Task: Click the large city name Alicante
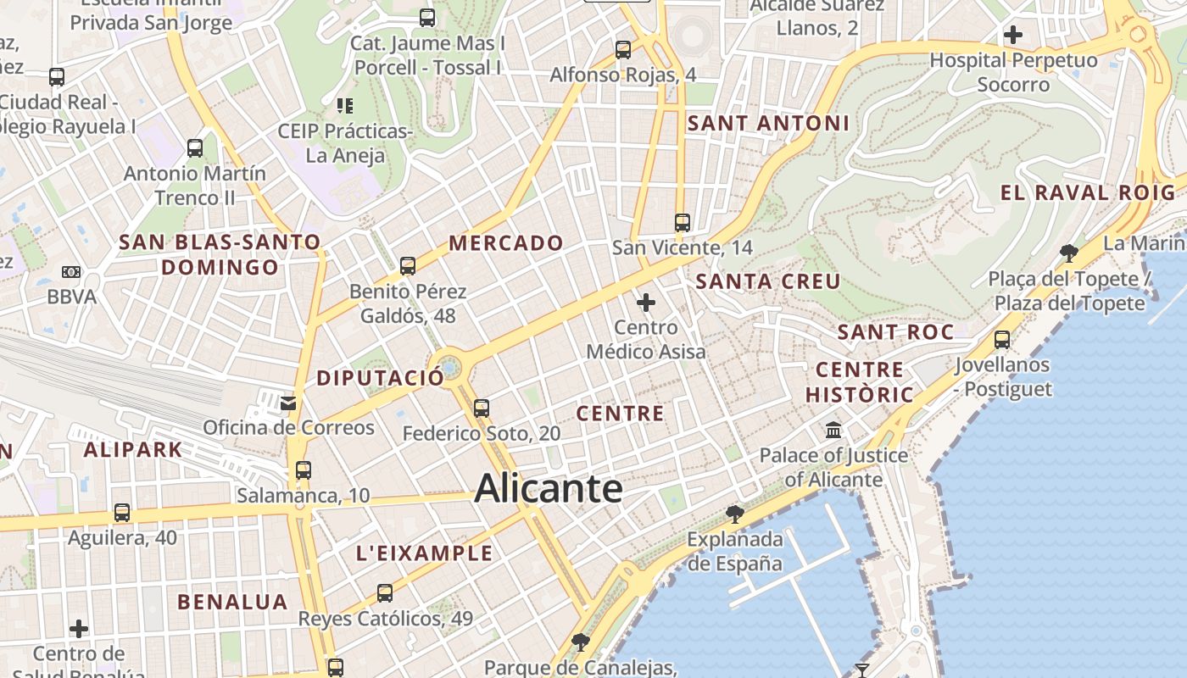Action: point(549,489)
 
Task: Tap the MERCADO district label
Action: point(506,243)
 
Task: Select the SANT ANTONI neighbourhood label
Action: point(768,123)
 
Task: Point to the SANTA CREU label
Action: point(768,281)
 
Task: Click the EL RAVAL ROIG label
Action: point(1089,192)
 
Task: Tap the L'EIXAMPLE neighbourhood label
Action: point(424,553)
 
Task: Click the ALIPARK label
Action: point(132,449)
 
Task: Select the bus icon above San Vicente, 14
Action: point(683,223)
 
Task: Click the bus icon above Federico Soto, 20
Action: point(482,408)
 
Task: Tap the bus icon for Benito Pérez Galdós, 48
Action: point(408,266)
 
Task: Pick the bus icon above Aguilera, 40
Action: point(122,513)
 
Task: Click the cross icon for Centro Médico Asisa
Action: point(646,302)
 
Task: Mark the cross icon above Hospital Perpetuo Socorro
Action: point(1012,36)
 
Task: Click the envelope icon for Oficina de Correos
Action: point(289,402)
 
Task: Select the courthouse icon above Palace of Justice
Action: point(833,430)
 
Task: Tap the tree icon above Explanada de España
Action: point(735,514)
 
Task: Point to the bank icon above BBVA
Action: point(72,272)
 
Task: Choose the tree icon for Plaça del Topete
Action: point(1069,253)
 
